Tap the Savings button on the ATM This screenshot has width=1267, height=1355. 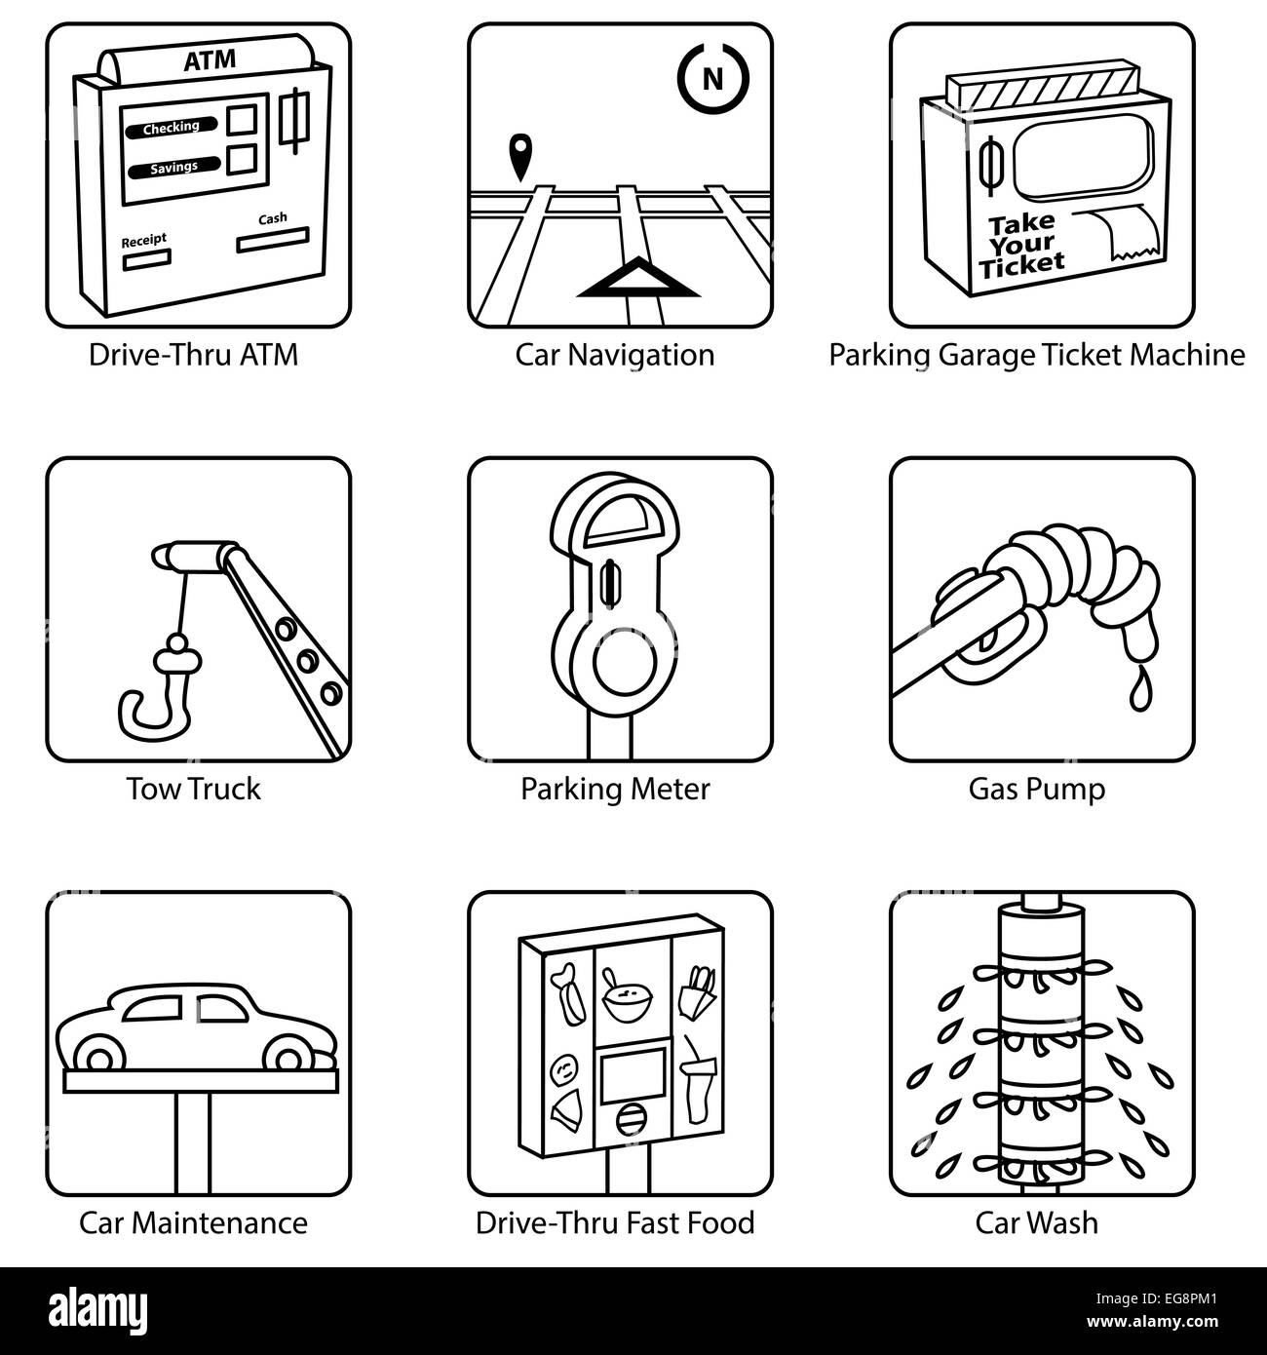coord(173,168)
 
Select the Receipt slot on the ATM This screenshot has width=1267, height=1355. coord(146,259)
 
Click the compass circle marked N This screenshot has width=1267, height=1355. coord(713,78)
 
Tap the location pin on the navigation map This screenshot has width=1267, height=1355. coord(521,156)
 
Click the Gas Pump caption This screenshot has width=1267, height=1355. coord(1036,788)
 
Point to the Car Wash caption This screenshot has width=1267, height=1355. coord(1036,1221)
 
